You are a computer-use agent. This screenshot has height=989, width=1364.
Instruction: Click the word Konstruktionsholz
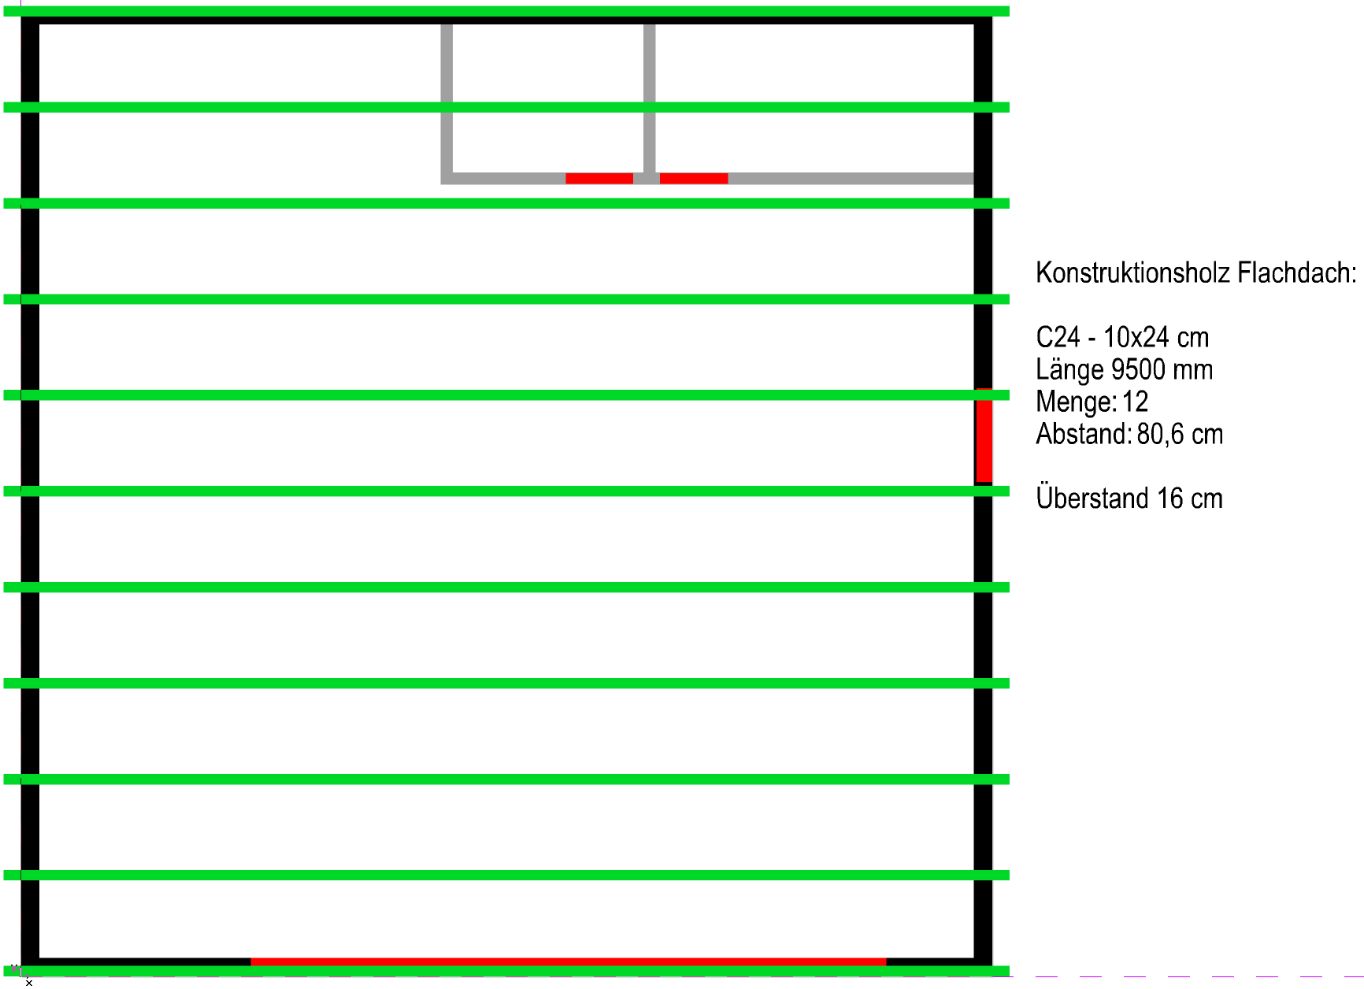pyautogui.click(x=1133, y=273)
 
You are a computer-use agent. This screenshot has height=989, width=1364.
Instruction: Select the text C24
pyautogui.click(x=1058, y=338)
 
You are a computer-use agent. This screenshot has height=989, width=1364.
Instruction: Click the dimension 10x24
pyautogui.click(x=1136, y=338)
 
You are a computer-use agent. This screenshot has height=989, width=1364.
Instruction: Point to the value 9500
pyautogui.click(x=1138, y=370)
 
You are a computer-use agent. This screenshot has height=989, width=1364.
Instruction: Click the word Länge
pyautogui.click(x=1069, y=370)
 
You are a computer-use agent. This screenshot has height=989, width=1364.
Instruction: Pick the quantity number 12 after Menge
pyautogui.click(x=1135, y=402)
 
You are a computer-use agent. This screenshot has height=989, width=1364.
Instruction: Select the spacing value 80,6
pyautogui.click(x=1159, y=435)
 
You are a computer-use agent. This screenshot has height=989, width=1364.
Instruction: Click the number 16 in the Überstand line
pyautogui.click(x=1169, y=498)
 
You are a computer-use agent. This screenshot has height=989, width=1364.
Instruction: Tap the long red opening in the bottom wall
pyautogui.click(x=568, y=961)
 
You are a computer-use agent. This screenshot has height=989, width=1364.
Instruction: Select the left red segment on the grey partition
pyautogui.click(x=599, y=179)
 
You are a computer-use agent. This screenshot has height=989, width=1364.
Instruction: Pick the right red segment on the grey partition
pyautogui.click(x=693, y=179)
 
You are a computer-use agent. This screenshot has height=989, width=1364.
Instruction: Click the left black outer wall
pyautogui.click(x=30, y=535)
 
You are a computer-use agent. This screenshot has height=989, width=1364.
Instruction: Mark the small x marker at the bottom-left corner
pyautogui.click(x=29, y=983)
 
